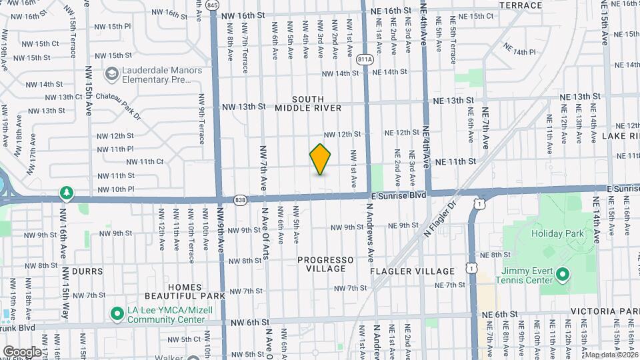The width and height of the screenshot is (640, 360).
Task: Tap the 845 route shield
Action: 212,5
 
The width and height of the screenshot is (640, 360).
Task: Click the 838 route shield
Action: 241,199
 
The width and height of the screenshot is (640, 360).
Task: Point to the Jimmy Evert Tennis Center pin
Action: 562,274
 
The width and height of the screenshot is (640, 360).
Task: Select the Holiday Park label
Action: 557,233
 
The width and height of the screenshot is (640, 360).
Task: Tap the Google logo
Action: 22,351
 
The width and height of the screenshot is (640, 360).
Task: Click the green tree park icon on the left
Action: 66,193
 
